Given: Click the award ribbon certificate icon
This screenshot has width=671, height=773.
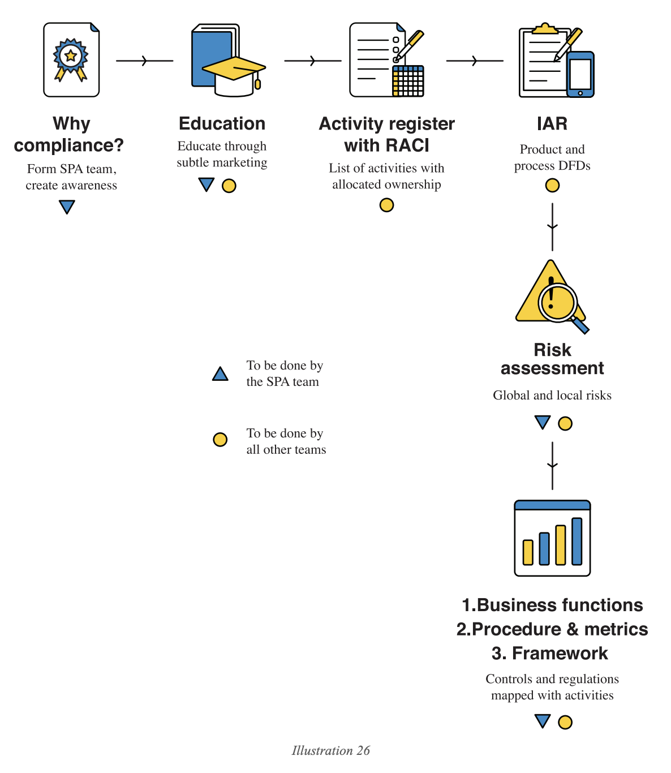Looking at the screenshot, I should coord(71,59).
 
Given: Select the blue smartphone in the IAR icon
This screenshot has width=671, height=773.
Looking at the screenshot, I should coord(580,74).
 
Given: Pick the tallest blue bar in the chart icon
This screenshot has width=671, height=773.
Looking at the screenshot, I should coord(577,541).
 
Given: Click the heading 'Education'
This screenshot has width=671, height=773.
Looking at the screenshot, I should coord(222,124).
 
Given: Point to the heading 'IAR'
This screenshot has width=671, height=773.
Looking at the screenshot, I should coord(552,124).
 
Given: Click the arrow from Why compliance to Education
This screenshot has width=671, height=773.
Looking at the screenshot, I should coord(144,61).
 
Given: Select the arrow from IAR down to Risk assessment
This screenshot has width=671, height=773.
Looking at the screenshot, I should coord(552,226).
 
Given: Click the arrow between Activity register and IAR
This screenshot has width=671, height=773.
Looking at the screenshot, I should coord(475,61).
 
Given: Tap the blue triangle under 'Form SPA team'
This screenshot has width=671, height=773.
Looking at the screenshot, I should coord(67,207).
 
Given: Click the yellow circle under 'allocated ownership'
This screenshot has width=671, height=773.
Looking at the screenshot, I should coord(386,205).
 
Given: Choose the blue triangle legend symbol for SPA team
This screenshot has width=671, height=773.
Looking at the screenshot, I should coord(220,374).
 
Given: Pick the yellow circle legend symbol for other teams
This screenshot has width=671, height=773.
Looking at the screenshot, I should coord(220,440).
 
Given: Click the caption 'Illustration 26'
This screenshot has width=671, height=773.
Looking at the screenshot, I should coord(330,750).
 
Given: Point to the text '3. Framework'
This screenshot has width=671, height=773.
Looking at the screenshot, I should coord(550,654).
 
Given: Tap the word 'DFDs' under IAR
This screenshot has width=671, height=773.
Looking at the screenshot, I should coord(574,166).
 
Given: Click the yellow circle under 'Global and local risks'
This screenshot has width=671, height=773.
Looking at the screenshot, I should coord(565,423).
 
